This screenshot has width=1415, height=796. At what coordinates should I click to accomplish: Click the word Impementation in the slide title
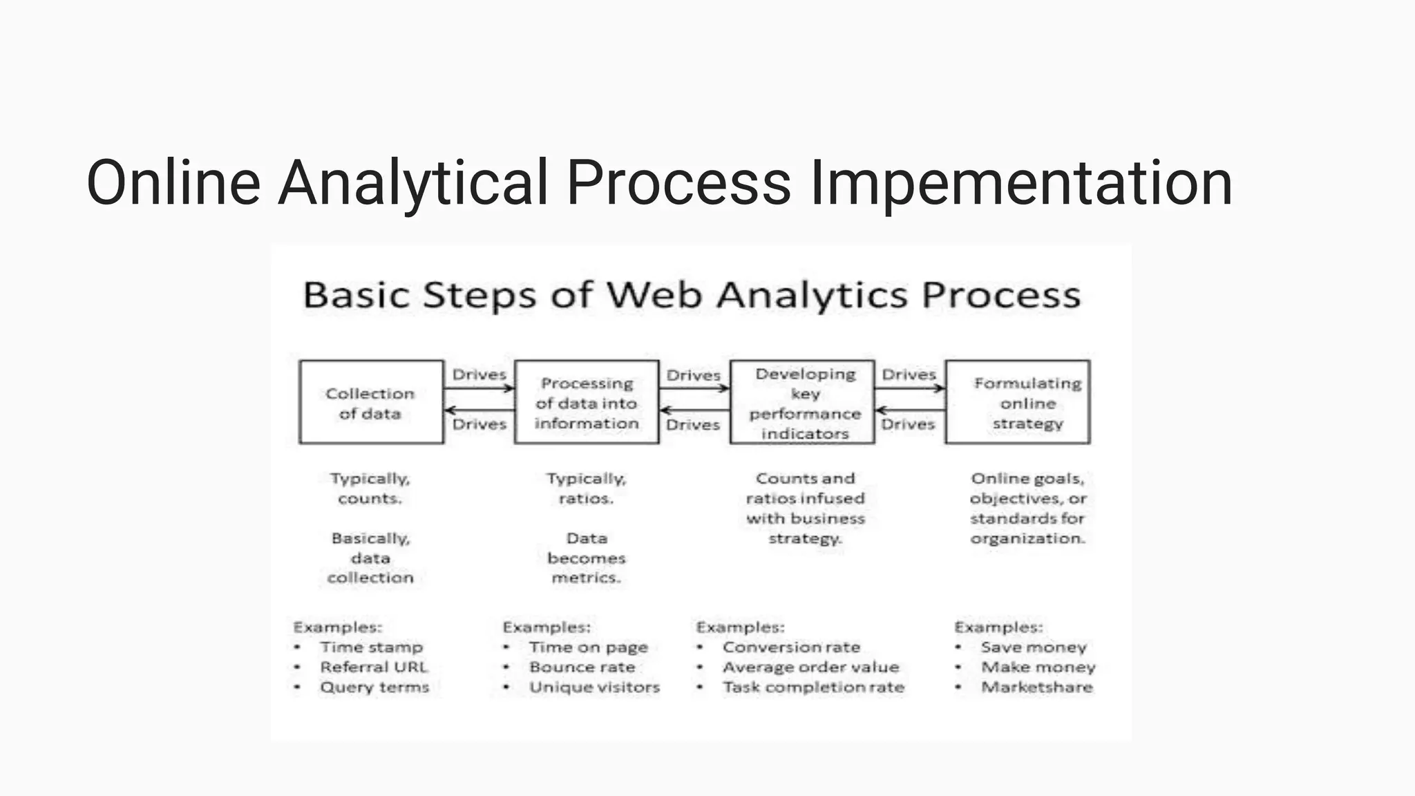1020,183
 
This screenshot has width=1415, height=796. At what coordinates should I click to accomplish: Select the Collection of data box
371,402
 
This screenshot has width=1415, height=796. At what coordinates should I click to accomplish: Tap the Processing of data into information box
587,402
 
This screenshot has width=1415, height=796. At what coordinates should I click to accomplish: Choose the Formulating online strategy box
1018,402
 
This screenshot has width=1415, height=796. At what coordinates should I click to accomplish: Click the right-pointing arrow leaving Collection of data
479,388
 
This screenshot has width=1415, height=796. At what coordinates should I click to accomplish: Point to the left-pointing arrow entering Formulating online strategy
910,410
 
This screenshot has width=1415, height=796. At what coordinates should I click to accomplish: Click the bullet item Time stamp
371,647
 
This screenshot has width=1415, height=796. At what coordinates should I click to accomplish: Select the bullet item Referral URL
374,667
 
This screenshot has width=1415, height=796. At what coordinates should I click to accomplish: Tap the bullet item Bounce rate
582,667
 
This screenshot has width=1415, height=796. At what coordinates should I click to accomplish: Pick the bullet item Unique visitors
594,688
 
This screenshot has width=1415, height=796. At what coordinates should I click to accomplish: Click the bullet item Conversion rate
791,647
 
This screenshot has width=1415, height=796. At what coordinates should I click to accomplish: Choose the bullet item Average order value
810,667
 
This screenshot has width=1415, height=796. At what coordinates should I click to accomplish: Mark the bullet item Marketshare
1036,688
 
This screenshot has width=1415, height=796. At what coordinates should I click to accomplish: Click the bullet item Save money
1033,647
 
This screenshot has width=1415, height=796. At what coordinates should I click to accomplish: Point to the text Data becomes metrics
586,558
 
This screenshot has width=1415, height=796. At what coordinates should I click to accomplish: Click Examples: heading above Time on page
547,627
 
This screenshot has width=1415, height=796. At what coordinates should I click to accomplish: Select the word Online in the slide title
173,183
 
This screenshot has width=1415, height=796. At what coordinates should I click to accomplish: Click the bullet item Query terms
374,688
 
